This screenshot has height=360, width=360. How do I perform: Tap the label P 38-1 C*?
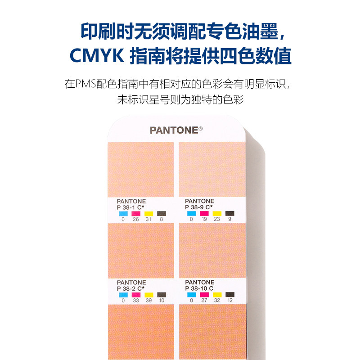(131, 207)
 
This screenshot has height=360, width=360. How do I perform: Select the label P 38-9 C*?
(199, 207)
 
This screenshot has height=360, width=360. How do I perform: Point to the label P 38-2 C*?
(131, 288)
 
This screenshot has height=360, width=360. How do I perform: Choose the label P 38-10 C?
(199, 288)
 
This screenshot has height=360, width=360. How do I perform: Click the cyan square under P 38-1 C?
(123, 213)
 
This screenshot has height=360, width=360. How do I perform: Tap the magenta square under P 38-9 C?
(204, 213)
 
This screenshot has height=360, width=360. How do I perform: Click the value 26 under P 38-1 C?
(136, 220)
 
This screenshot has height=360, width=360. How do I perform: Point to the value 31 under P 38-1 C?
(148, 220)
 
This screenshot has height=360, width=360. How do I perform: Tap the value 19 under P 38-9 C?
(204, 220)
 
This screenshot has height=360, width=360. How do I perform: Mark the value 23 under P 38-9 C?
(217, 220)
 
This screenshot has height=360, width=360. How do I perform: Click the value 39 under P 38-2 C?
(148, 301)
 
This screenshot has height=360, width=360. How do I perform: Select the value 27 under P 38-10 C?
(204, 301)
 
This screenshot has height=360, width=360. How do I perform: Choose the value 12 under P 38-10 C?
(229, 301)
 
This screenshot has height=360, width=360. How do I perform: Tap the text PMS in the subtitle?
(85, 84)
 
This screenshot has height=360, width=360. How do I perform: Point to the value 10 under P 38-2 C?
(162, 301)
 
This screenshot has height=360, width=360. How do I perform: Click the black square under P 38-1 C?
(162, 213)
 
